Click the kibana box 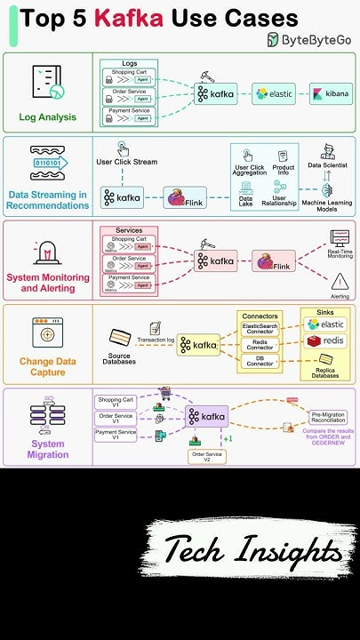coord(330,93)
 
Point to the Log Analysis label coord(47,116)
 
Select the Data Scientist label coord(327,165)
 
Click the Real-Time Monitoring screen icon coord(340,237)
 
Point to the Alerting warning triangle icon coord(340,282)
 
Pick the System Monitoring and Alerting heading coord(48,283)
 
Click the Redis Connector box coord(260,344)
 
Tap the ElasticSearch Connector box coord(260,327)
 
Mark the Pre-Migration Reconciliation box coord(329,417)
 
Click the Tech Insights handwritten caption coord(252,550)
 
